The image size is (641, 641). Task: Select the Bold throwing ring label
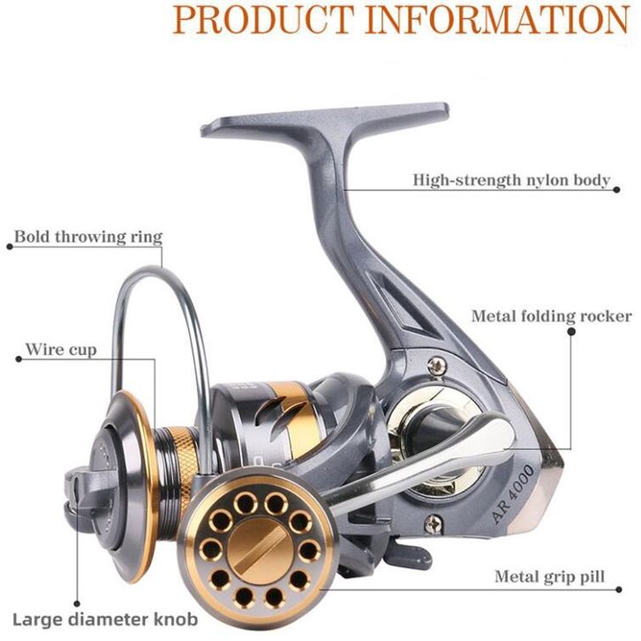pos(88,237)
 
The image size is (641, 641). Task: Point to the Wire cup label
pos(60,350)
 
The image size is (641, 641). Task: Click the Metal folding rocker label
pos(551,316)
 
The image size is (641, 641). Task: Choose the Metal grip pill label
pos(549,577)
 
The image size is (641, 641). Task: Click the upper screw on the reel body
pos(435,366)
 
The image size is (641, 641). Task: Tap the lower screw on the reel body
pos(434,523)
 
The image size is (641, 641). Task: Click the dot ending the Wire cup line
pos(16,358)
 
